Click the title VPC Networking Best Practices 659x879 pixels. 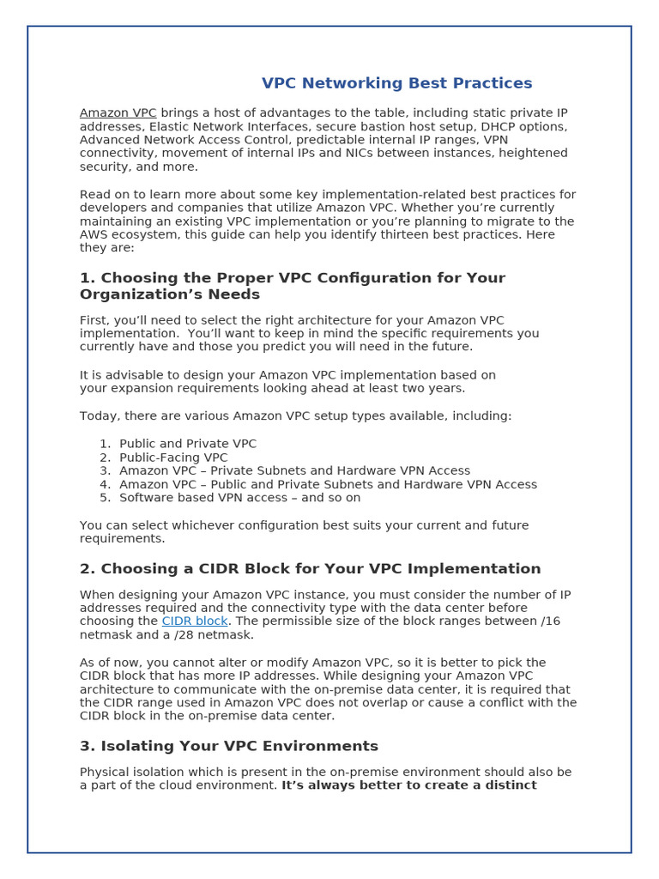click(x=396, y=83)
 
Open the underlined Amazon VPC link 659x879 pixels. click(x=118, y=113)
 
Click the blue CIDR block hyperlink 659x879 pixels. click(x=195, y=621)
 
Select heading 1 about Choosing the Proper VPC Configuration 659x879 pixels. click(x=292, y=287)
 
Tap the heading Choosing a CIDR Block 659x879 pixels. click(x=310, y=569)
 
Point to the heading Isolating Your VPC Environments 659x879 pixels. click(x=228, y=747)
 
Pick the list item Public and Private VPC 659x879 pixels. click(x=188, y=444)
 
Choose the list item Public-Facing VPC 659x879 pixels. click(x=173, y=458)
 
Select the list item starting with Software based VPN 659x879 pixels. click(x=239, y=498)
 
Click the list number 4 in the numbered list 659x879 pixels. click(x=105, y=484)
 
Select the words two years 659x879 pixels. click(x=432, y=388)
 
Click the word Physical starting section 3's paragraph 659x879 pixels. click(x=105, y=773)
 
